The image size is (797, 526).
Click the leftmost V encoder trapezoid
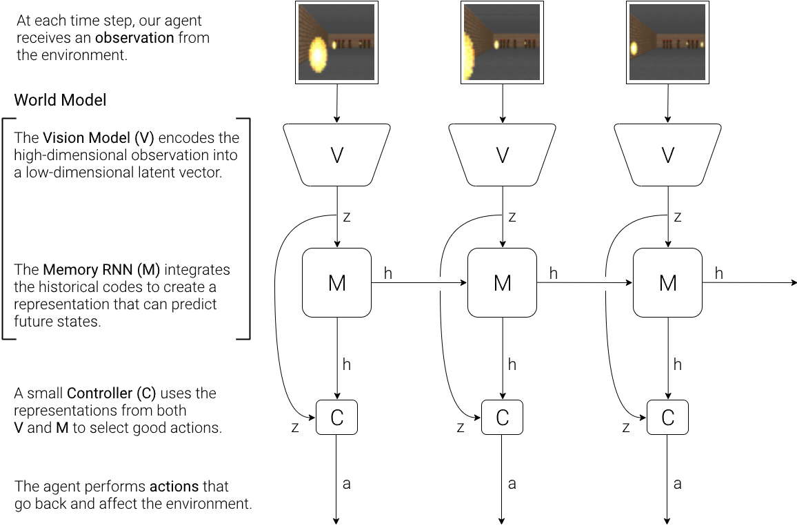click(336, 155)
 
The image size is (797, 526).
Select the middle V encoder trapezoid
click(502, 155)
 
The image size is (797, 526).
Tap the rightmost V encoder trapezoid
click(667, 155)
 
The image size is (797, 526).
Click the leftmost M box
click(336, 282)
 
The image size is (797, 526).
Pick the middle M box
click(502, 282)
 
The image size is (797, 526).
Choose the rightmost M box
click(667, 282)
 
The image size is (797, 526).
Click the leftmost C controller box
click(336, 417)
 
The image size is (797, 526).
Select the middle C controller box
click(502, 417)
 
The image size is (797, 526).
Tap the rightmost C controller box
click(667, 417)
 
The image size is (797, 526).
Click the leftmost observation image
click(336, 43)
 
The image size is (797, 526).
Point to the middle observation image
click(502, 43)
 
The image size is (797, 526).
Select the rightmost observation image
click(667, 43)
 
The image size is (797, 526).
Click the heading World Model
click(61, 100)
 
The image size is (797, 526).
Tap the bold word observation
click(134, 38)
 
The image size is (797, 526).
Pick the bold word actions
click(174, 487)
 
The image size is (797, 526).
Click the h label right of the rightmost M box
click(718, 274)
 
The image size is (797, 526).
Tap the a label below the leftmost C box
click(346, 484)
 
